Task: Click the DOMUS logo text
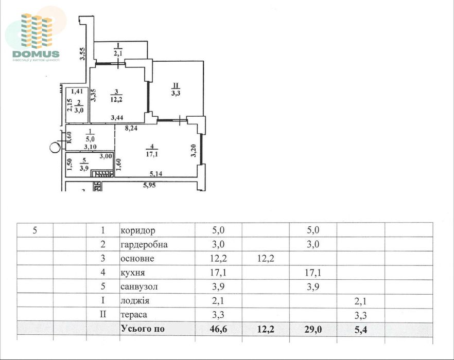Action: (x=36, y=54)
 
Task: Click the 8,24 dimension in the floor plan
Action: (x=131, y=128)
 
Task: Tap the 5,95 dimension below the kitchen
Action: (x=149, y=185)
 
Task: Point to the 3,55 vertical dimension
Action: (x=82, y=54)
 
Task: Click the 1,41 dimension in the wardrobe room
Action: (x=77, y=92)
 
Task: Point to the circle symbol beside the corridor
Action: (x=55, y=148)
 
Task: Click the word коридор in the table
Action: (x=138, y=231)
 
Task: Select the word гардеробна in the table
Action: (x=144, y=244)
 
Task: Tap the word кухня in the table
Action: (x=133, y=273)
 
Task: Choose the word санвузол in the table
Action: (x=139, y=287)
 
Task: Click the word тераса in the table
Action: (x=134, y=315)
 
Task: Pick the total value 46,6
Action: (x=218, y=329)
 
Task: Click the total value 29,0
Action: (x=313, y=329)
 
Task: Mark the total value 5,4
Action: (x=360, y=329)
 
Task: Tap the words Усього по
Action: (x=143, y=329)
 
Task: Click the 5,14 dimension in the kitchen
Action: (x=156, y=174)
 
